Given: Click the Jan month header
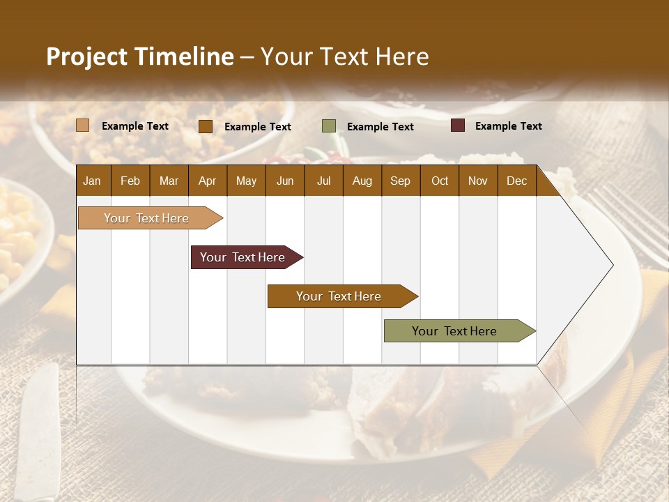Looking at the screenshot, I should pos(92,181).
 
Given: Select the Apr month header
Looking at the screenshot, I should pos(207,181).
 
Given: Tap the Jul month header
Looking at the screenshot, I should pos(323,181).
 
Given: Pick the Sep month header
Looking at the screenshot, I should pos(400,181).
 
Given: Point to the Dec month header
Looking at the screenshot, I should pos(516,181).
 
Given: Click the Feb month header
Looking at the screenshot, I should pos(130,181).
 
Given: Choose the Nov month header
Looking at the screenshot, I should pos(477,181).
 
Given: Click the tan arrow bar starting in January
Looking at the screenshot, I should pos(146,218).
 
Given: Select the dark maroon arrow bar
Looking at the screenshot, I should pos(243,257).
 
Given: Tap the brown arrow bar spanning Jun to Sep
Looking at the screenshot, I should pos(339,296).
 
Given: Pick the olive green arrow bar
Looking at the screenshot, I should pos(454,331).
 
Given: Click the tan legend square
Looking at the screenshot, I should pos(83,125).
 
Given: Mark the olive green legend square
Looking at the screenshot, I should pos(329,126).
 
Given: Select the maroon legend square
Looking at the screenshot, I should pos(458,125).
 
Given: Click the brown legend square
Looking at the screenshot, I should pos(206,126).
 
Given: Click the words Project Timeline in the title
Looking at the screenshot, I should pos(139,56).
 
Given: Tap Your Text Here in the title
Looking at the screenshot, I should pos(345,56).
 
